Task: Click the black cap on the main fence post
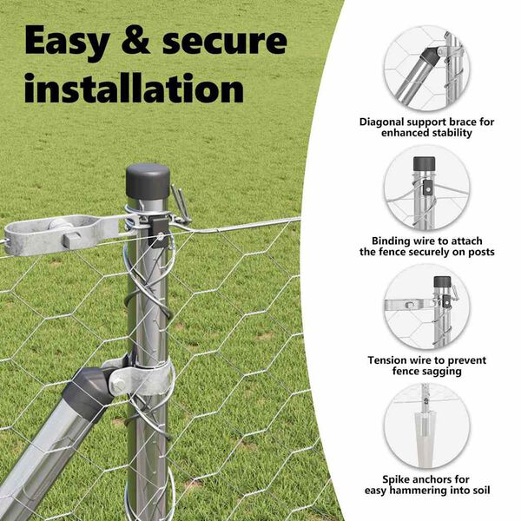point(148,180)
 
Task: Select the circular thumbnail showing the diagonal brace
point(426,68)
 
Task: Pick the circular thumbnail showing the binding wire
point(426,187)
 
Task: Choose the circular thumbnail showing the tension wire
point(426,307)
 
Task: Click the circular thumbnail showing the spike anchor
point(426,426)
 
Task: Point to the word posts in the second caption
point(478,252)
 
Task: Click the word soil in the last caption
point(478,491)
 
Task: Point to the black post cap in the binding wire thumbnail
point(424,163)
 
